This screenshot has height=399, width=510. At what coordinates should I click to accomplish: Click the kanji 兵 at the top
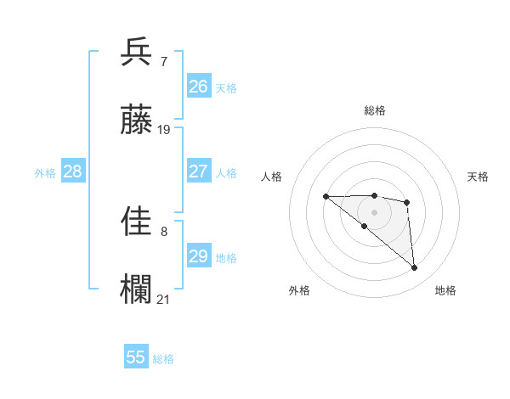(x=137, y=53)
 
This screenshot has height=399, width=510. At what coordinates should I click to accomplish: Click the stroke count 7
(x=163, y=62)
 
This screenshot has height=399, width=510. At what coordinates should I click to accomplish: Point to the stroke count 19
(x=164, y=130)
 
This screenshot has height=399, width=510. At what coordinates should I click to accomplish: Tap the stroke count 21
(x=164, y=299)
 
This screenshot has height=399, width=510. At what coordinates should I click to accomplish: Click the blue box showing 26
(x=199, y=87)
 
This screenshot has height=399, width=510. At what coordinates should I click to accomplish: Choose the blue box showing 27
(x=199, y=171)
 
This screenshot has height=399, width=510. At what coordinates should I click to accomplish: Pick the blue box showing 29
(x=199, y=256)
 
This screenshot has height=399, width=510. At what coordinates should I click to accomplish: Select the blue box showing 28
(x=73, y=171)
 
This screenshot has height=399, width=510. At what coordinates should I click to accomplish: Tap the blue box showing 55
(x=136, y=357)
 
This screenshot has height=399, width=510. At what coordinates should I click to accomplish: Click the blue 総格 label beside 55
(x=163, y=359)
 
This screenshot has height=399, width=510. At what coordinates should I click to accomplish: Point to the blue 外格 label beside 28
(x=45, y=173)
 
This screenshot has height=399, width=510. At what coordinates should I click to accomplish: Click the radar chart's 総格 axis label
(x=375, y=110)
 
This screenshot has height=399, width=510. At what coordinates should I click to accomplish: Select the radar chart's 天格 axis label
(x=478, y=177)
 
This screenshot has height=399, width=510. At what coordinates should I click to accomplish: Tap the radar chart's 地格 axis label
(x=445, y=290)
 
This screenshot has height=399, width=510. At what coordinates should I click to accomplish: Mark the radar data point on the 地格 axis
(x=414, y=268)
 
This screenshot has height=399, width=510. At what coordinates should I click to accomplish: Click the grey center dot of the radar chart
(x=374, y=212)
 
